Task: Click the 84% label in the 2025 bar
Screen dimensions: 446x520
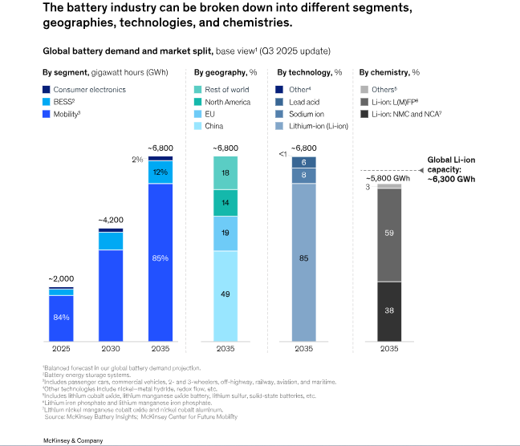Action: pos(61,318)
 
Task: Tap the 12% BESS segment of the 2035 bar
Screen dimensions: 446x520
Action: pos(160,172)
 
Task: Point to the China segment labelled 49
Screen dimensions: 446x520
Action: pos(225,294)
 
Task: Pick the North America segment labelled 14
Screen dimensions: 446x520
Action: pos(225,203)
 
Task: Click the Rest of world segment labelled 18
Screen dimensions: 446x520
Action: pos(225,172)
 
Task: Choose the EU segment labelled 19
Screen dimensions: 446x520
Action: pos(225,233)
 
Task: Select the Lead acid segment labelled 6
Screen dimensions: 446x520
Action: pos(303,162)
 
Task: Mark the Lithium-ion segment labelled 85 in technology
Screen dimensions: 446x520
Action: pos(303,258)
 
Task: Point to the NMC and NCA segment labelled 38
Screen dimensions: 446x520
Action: pos(389,310)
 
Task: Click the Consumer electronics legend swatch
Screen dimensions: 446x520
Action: pos(47,89)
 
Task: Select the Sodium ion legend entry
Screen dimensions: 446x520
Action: pos(302,113)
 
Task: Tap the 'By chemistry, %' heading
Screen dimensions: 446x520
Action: pos(391,71)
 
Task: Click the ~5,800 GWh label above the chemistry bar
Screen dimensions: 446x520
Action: pos(389,177)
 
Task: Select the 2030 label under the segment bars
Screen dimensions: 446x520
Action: pos(111,350)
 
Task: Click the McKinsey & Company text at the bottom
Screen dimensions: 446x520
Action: pos(72,440)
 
